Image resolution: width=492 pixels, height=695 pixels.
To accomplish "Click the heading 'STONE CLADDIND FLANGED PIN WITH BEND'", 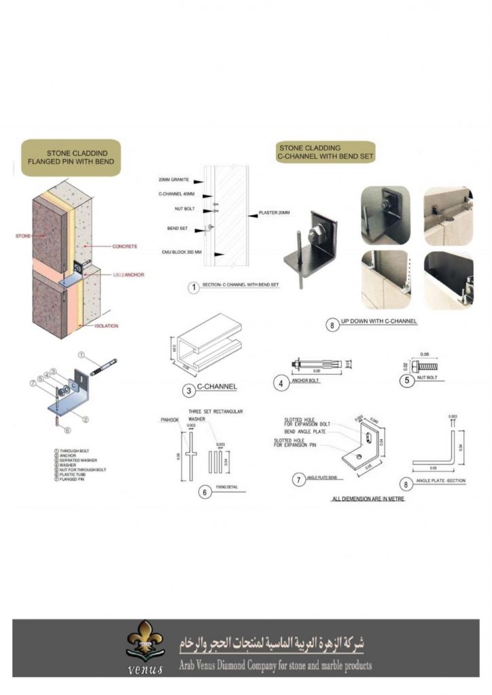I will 71,157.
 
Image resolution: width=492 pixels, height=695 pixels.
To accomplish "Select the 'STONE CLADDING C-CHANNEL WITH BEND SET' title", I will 326,151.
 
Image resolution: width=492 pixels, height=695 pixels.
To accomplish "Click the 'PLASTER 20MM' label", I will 273,212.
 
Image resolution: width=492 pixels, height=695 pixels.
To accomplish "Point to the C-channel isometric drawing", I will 204,343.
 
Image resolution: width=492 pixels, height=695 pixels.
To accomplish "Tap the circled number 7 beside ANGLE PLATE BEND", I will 297,479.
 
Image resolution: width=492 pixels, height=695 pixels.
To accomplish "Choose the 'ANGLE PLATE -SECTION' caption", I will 440,481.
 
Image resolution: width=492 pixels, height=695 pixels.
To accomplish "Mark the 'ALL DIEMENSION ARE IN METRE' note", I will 368,499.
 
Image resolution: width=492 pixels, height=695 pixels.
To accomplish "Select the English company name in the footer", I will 275,666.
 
